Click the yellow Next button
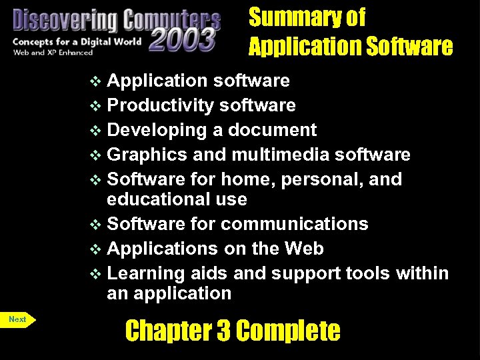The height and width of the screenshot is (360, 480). click(18, 319)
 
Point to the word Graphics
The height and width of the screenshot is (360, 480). click(147, 155)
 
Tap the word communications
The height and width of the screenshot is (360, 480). click(294, 224)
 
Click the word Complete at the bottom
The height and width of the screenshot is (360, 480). click(288, 331)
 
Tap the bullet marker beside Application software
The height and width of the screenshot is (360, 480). click(97, 81)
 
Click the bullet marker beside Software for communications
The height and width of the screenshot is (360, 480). click(97, 225)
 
